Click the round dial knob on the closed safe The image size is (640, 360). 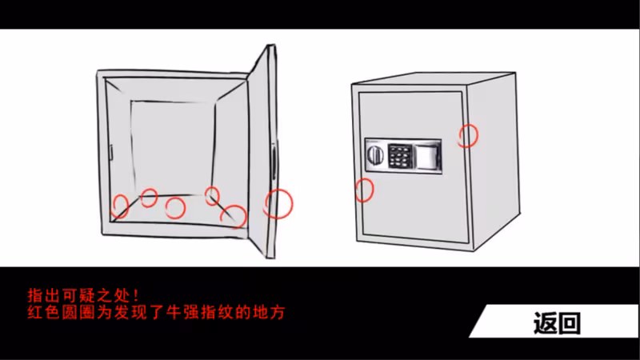click(375, 155)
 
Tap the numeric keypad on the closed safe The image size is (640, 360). click(399, 156)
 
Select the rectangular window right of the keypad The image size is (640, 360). click(426, 155)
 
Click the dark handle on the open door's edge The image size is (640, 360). click(274, 162)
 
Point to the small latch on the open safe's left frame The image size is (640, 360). click(110, 152)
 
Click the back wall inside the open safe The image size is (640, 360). click(173, 148)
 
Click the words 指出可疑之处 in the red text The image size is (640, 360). click(78, 294)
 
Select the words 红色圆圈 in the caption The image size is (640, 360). click(62, 312)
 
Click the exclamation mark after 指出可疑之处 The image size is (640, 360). click(136, 294)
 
